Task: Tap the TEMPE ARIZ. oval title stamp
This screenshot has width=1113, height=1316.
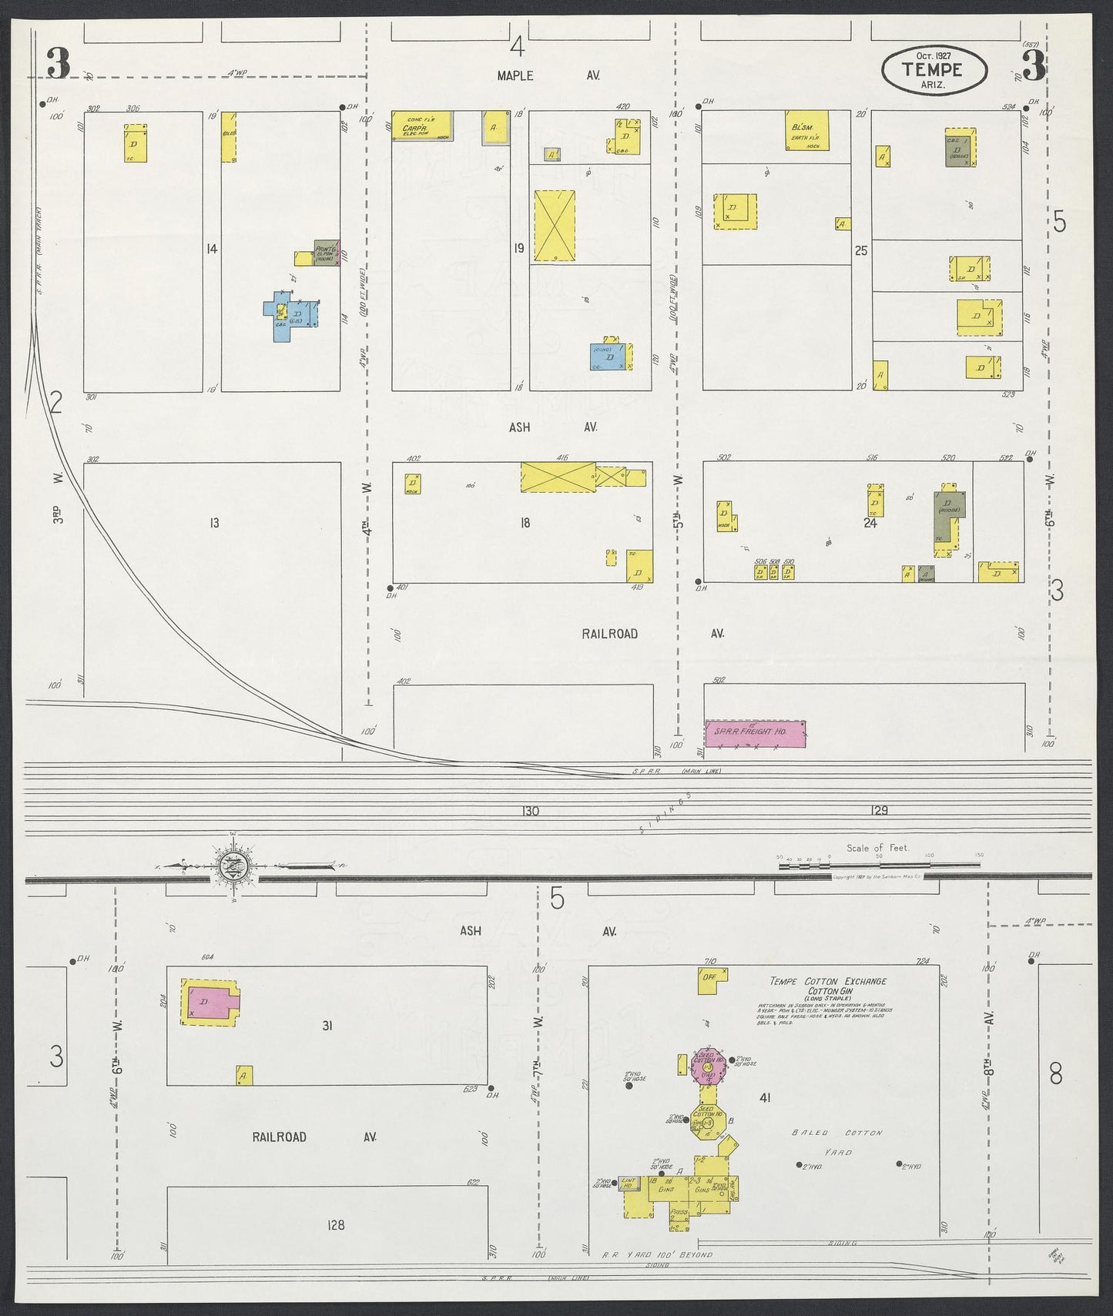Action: pyautogui.click(x=933, y=69)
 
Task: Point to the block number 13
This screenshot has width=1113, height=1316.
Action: pyautogui.click(x=214, y=523)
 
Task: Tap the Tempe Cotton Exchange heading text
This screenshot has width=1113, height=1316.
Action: pyautogui.click(x=828, y=981)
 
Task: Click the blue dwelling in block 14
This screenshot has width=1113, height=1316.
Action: pyautogui.click(x=291, y=316)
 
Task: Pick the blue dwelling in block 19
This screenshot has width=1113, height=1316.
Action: pyautogui.click(x=608, y=357)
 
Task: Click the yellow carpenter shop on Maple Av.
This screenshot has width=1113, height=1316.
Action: pyautogui.click(x=419, y=126)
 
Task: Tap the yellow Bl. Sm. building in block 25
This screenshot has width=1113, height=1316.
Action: pyautogui.click(x=806, y=130)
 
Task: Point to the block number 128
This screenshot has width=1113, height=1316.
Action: pyautogui.click(x=336, y=1225)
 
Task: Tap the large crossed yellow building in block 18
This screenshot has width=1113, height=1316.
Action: pyautogui.click(x=558, y=477)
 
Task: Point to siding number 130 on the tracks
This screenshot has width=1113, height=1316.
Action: pyautogui.click(x=530, y=811)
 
